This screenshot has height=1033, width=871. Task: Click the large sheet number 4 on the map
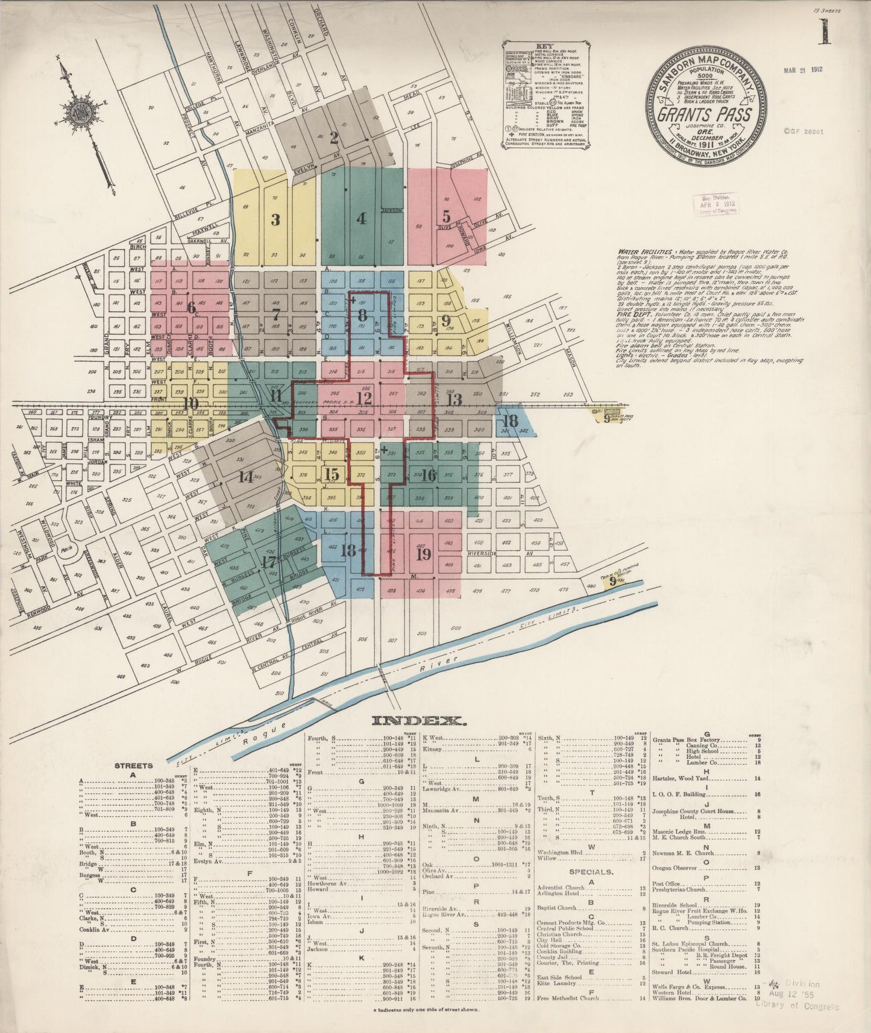[x=361, y=219]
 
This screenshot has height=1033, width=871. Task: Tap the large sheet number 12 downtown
[x=363, y=398]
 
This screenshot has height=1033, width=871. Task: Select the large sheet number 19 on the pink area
[x=423, y=554]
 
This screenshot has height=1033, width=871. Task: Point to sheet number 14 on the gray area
[x=245, y=477]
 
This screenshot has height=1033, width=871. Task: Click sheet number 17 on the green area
[x=269, y=562]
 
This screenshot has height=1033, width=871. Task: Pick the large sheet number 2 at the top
[x=333, y=138]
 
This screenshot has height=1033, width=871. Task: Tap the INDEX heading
[x=418, y=721]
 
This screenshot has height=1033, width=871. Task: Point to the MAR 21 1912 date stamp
[x=803, y=69]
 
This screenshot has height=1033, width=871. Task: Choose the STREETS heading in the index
[x=133, y=765]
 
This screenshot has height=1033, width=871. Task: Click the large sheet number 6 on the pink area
[x=192, y=307]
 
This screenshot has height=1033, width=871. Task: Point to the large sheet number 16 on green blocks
[x=428, y=475]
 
